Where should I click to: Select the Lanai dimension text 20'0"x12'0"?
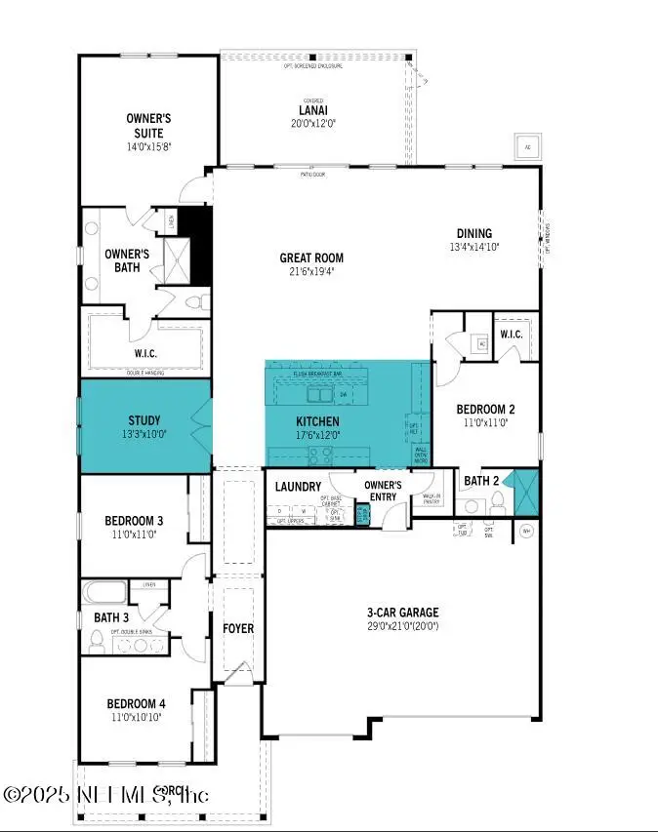[x=311, y=124]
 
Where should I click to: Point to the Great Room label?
[x=311, y=258]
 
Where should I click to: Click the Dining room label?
[x=473, y=233]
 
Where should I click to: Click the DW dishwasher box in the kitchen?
[x=344, y=395]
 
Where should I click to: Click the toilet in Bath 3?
[x=97, y=641]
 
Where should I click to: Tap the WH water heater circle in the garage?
[x=526, y=531]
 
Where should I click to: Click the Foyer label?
[x=238, y=628]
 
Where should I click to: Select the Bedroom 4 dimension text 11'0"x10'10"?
[x=135, y=717]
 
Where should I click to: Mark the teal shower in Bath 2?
[x=524, y=493]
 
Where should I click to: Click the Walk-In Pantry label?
[x=432, y=499]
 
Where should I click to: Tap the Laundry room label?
[x=299, y=486]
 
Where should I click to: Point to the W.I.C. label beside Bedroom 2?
[x=511, y=335]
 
